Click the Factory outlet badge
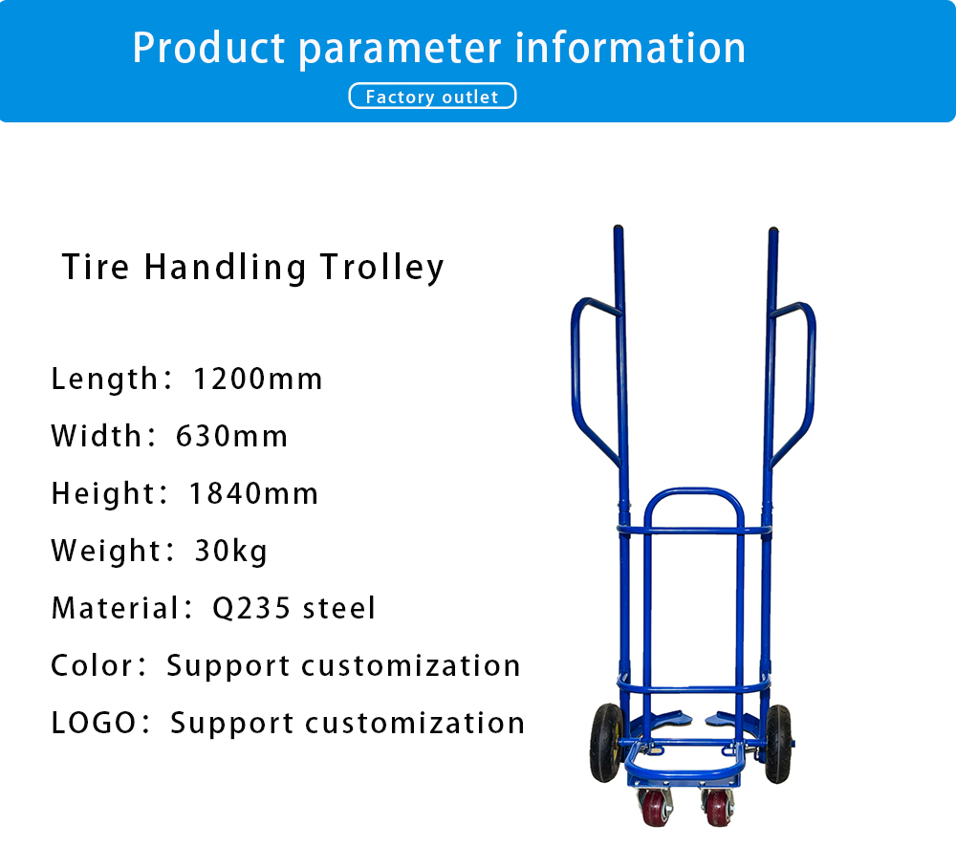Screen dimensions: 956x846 point(432,97)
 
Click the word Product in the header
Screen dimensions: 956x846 point(208,48)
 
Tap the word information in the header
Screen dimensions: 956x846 point(630,48)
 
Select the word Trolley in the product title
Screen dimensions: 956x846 point(382,268)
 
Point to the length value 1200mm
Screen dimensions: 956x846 point(257,380)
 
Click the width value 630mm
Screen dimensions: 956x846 point(231,437)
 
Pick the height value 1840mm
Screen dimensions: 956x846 point(253,493)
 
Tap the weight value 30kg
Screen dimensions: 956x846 point(231,552)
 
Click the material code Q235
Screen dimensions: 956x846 point(251,609)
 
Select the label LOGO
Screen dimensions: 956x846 point(94,723)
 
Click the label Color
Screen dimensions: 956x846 point(91,665)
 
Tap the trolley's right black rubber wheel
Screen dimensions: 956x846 point(778,744)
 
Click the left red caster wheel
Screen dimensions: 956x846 point(654,808)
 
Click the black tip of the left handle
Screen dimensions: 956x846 point(618,232)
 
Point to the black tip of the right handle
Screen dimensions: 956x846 point(773,234)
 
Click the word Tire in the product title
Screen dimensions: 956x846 point(96,268)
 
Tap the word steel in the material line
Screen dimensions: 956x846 point(339,609)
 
